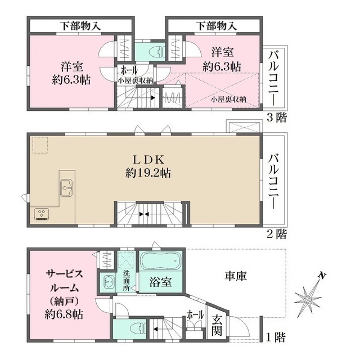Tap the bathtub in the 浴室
click(160, 263)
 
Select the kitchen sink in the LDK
click(65, 187)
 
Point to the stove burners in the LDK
click(42, 213)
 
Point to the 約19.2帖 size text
click(149, 173)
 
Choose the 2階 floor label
click(277, 233)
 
